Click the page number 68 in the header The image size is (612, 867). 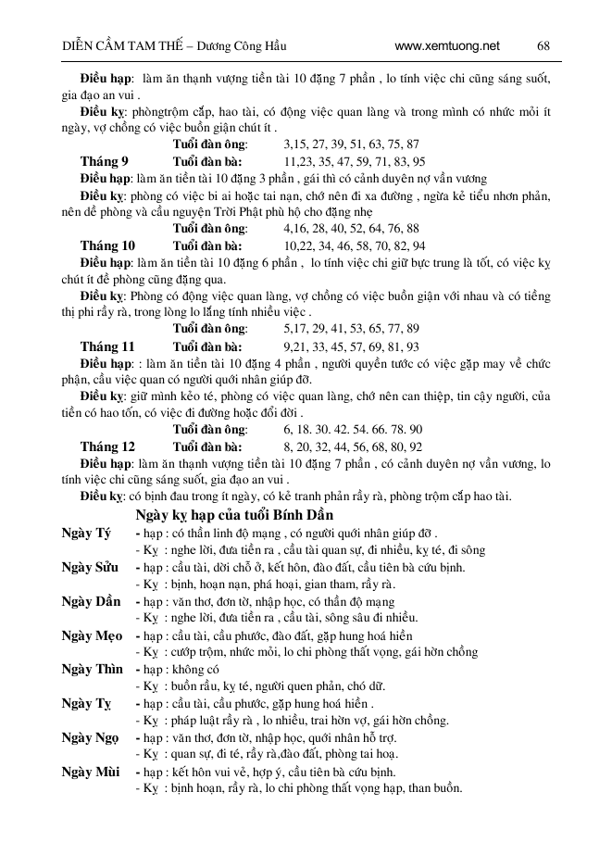(543, 45)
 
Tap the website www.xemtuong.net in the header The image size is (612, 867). (446, 45)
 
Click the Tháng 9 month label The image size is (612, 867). (104, 161)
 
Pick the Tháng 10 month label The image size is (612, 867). (107, 245)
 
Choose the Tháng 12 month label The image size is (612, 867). (107, 446)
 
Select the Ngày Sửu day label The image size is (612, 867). (90, 567)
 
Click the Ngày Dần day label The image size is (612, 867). (91, 601)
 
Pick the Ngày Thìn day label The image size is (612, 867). (92, 669)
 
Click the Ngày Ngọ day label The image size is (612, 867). (91, 736)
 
